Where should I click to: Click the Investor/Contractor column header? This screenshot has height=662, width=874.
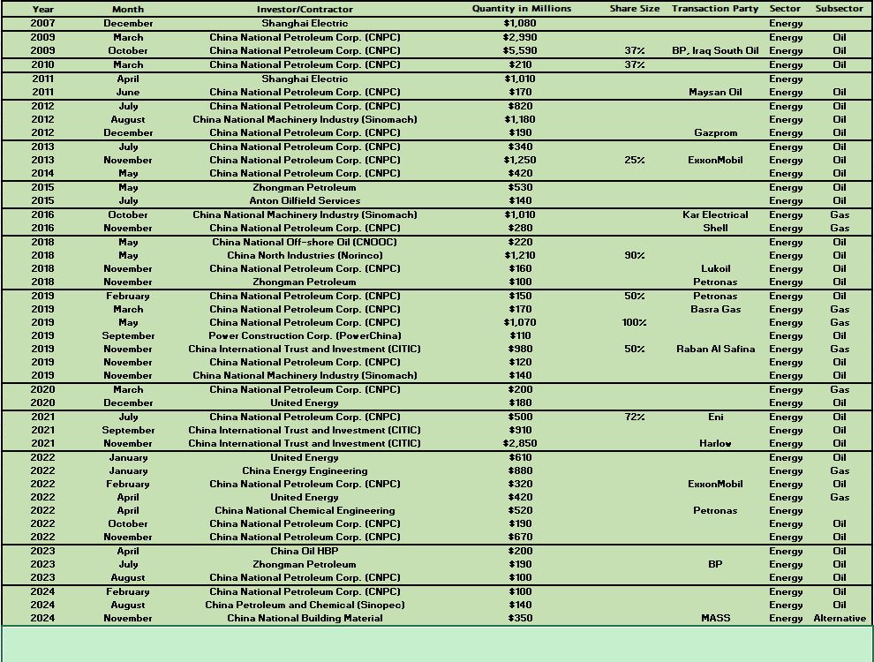pyautogui.click(x=305, y=9)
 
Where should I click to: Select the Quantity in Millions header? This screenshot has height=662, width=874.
pyautogui.click(x=521, y=9)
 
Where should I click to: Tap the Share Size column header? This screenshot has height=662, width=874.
pyautogui.click(x=634, y=9)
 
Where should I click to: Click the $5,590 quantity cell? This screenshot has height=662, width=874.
pyautogui.click(x=520, y=50)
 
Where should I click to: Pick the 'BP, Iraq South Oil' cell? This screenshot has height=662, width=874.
pyautogui.click(x=715, y=50)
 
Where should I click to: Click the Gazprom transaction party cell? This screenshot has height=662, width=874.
pyautogui.click(x=715, y=132)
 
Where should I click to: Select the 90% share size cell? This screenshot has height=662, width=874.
pyautogui.click(x=634, y=255)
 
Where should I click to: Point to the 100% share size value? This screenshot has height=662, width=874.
pyautogui.click(x=634, y=322)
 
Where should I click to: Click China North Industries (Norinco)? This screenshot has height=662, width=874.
pyautogui.click(x=305, y=255)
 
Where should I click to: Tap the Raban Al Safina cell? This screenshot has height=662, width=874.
pyautogui.click(x=715, y=349)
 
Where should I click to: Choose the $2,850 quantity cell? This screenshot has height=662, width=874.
pyautogui.click(x=520, y=443)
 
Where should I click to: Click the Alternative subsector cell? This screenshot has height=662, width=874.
pyautogui.click(x=839, y=618)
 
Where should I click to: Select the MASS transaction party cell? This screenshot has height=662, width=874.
pyautogui.click(x=715, y=618)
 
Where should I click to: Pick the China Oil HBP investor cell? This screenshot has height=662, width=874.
pyautogui.click(x=305, y=551)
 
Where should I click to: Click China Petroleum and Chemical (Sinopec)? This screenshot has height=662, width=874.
pyautogui.click(x=305, y=605)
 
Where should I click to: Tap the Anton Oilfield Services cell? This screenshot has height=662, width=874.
pyautogui.click(x=305, y=200)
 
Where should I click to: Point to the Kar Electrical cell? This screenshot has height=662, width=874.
pyautogui.click(x=715, y=214)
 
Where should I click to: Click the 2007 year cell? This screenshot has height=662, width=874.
pyautogui.click(x=42, y=23)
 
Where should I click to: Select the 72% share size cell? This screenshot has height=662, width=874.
pyautogui.click(x=634, y=417)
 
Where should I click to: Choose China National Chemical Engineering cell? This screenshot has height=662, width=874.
pyautogui.click(x=305, y=510)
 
